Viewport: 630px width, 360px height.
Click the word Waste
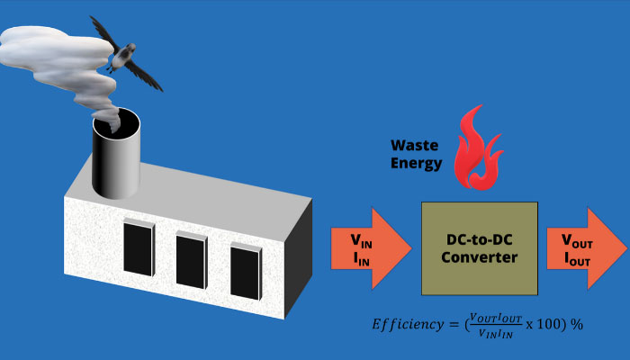click(x=415, y=145)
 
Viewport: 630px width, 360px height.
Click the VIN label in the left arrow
click(x=361, y=240)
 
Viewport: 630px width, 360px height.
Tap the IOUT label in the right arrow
click(x=577, y=258)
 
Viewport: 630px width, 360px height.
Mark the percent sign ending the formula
click(x=578, y=323)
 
